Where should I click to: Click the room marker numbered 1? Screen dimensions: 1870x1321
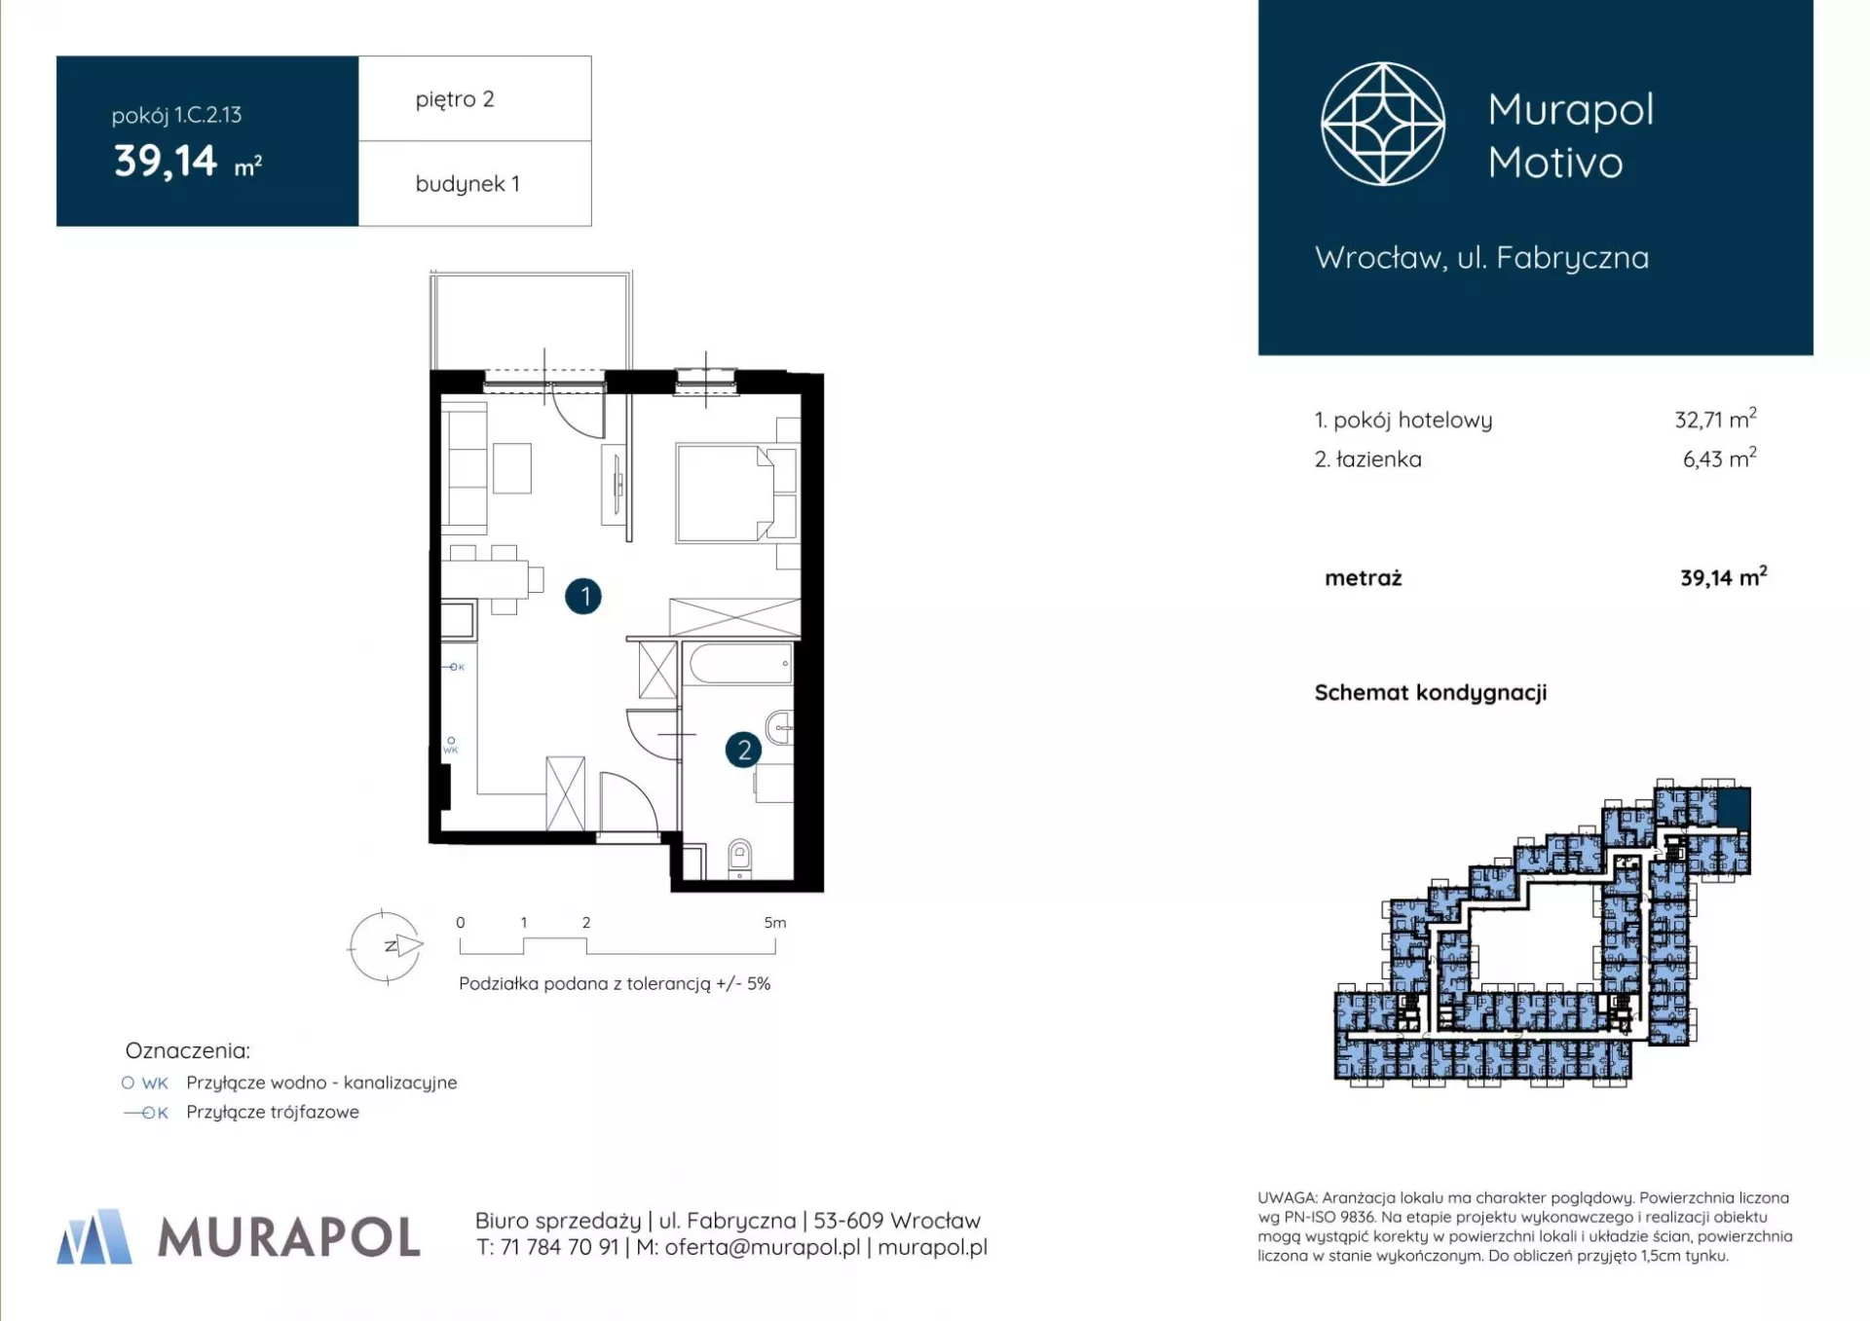583,596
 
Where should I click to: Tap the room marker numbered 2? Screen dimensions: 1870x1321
743,750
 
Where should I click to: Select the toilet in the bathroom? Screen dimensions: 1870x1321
740,859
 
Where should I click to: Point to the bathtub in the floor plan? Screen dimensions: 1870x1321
741,664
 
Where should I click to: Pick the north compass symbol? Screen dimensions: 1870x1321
387,946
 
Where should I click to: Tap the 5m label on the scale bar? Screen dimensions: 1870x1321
775,922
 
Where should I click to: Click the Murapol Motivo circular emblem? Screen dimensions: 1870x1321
1382,124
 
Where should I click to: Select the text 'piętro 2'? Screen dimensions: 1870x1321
455,99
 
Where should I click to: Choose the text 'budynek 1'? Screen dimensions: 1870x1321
467,183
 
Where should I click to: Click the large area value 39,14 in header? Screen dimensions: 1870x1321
166,161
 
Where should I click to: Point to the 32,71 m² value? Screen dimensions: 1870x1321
1715,419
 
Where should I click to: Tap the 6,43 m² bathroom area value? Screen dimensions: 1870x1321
1719,458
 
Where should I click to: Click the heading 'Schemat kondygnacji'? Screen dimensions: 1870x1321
1430,693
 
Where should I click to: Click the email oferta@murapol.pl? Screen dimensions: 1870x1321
762,1247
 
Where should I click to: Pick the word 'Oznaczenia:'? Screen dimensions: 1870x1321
187,1050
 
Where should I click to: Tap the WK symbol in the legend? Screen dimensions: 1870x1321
145,1082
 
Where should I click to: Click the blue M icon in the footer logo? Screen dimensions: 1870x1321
94,1236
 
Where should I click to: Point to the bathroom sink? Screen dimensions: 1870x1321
780,727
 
